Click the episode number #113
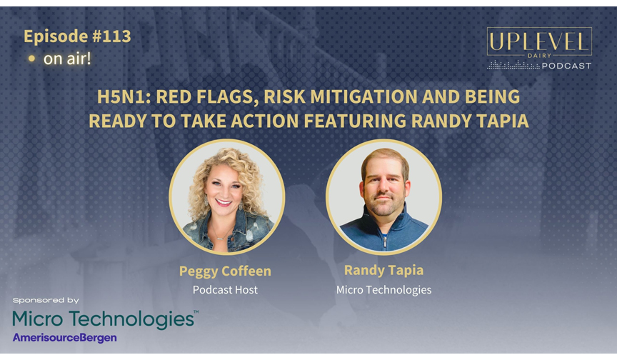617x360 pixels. click(111, 36)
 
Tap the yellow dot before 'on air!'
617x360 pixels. click(32, 59)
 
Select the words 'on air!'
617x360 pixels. click(67, 59)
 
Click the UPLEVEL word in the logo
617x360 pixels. click(539, 41)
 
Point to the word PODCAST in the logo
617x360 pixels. click(566, 66)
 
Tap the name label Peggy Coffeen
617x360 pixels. click(225, 271)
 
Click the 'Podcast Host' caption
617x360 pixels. click(225, 289)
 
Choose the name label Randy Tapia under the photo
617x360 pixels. click(383, 270)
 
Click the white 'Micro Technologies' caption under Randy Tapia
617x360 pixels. click(383, 289)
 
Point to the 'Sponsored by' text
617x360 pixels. click(46, 300)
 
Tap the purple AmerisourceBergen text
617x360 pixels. click(64, 338)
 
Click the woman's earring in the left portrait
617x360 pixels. click(206, 200)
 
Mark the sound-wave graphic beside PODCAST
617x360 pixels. click(513, 65)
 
